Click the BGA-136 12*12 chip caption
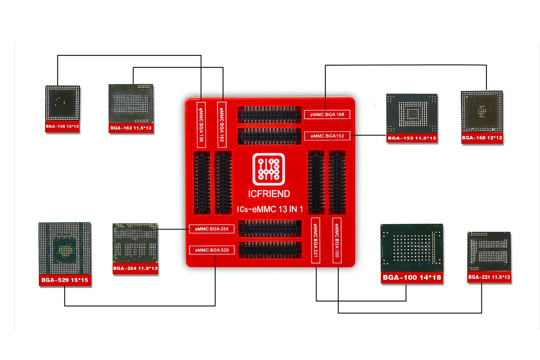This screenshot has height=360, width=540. tap(63, 127)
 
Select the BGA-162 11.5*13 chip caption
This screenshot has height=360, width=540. tap(131, 129)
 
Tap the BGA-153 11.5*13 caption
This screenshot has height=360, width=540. tap(412, 139)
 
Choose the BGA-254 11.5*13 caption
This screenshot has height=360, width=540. tap(135, 269)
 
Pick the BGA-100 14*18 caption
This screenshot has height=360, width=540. tap(412, 277)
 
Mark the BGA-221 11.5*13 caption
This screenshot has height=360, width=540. tap(489, 277)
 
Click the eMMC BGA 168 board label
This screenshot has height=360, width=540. tap(327, 114)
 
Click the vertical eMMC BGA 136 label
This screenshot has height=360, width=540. tap(201, 126)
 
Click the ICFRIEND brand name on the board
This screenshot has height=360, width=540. tap(270, 194)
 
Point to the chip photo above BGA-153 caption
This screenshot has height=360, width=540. tap(412, 113)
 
